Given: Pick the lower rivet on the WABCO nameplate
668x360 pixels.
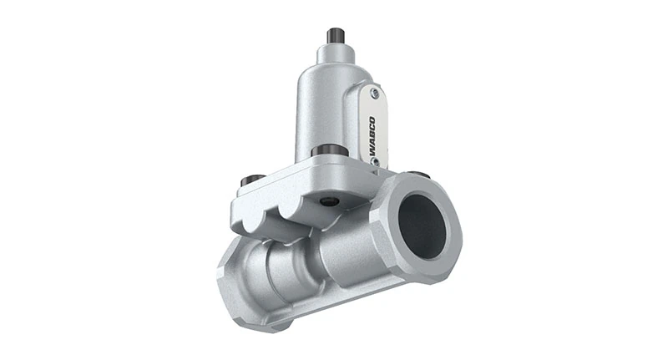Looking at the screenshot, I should point(375,161).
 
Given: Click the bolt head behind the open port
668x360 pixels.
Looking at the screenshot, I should point(420,175).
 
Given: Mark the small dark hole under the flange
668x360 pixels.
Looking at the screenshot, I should point(329,201).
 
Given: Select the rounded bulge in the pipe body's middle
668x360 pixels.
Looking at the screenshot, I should point(288,267).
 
